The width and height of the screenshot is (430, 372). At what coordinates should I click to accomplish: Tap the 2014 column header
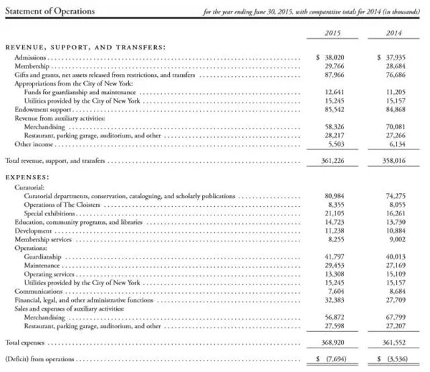[x=395, y=34]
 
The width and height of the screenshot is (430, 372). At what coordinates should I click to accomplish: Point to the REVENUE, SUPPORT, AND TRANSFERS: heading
[x=85, y=47]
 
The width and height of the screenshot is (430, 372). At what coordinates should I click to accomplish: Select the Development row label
[x=35, y=230]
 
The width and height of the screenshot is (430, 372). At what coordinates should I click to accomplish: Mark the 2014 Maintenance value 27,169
[x=396, y=265]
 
